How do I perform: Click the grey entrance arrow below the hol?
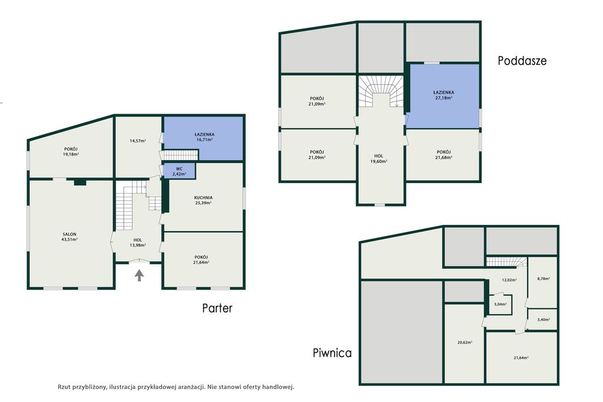click(139, 275)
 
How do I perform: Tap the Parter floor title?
click(217, 308)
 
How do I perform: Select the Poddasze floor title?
click(522, 61)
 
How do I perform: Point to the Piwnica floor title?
click(332, 353)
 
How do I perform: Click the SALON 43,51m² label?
click(69, 237)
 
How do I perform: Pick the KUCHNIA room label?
click(203, 198)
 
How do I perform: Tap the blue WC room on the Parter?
click(179, 171)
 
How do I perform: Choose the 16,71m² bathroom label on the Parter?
click(204, 140)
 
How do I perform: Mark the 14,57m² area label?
click(138, 141)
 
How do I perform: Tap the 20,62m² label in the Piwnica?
click(465, 342)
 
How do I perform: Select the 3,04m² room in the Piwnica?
click(501, 304)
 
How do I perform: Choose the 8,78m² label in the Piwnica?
click(544, 278)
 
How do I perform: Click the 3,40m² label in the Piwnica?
click(544, 320)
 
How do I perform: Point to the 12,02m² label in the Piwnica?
click(509, 280)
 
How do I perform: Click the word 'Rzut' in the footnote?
click(64, 387)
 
